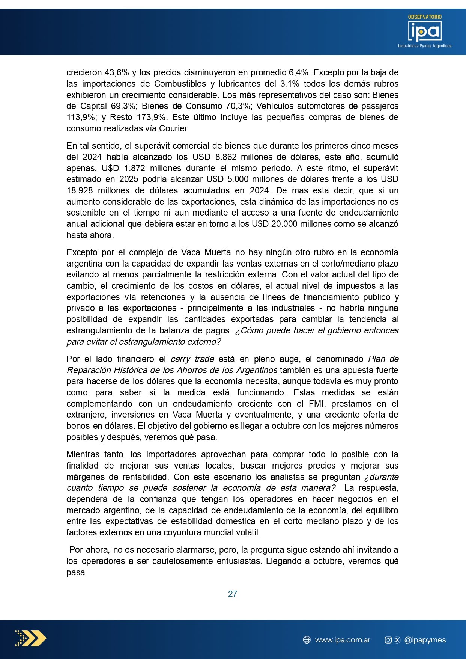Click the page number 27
[x=233, y=594]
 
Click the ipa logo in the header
[x=425, y=31]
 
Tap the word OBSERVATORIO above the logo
[x=425, y=17]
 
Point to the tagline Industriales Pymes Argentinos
[x=425, y=46]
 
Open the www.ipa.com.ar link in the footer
[x=343, y=640]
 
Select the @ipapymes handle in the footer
[x=425, y=640]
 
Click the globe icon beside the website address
[x=307, y=640]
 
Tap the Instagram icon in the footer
[x=388, y=640]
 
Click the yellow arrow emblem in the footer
[x=31, y=638]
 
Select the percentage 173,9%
[x=152, y=117]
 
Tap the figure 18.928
[x=80, y=190]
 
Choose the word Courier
[x=174, y=128]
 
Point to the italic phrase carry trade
[x=192, y=359]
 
